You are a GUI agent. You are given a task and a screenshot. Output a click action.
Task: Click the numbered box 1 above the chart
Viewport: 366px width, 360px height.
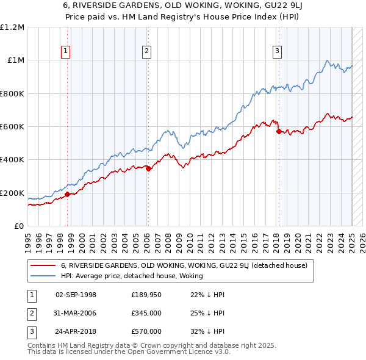pyautogui.click(x=65, y=52)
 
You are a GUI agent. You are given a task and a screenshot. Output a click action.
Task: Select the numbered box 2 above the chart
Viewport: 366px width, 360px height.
pyautogui.click(x=147, y=52)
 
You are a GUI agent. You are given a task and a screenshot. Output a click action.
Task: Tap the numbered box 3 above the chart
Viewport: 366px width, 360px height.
pyautogui.click(x=277, y=52)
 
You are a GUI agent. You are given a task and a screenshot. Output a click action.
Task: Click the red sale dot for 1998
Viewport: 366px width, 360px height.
pyautogui.click(x=68, y=195)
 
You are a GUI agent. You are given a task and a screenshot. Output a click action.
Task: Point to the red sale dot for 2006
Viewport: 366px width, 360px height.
pyautogui.click(x=149, y=169)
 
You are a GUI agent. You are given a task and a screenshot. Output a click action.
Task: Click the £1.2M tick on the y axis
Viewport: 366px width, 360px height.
pyautogui.click(x=13, y=27)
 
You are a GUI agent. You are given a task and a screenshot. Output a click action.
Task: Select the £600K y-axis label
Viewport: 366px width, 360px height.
pyautogui.click(x=13, y=127)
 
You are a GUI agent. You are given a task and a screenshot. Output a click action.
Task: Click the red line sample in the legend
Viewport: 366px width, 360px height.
pyautogui.click(x=43, y=266)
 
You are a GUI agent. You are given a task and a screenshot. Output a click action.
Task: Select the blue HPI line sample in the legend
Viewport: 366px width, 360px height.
pyautogui.click(x=43, y=276)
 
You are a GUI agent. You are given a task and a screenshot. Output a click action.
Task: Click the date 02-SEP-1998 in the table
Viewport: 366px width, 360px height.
pyautogui.click(x=76, y=295)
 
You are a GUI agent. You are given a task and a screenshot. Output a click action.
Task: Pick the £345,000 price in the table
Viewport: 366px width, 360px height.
pyautogui.click(x=146, y=313)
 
